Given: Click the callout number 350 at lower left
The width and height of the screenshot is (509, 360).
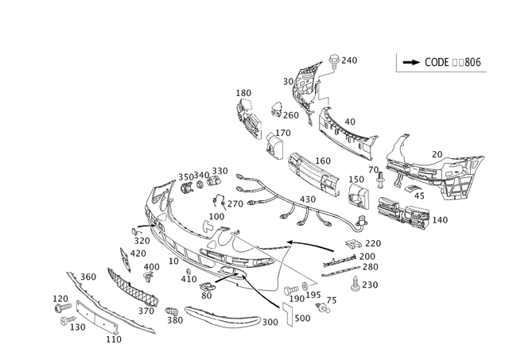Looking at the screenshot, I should [89, 276].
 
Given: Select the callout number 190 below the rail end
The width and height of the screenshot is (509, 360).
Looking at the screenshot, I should [114, 339].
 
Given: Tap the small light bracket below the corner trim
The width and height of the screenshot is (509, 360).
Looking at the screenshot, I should [275, 143].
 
